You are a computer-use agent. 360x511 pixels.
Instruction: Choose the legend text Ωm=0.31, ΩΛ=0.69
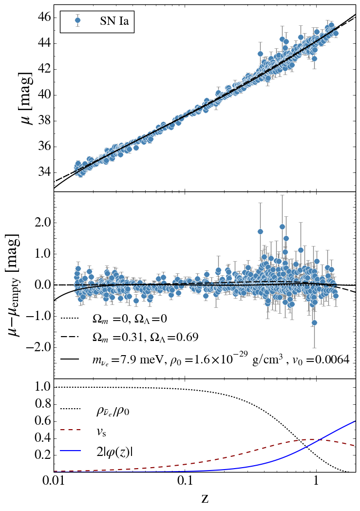click(145, 338)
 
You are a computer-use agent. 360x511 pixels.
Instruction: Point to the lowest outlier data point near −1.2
click(314, 323)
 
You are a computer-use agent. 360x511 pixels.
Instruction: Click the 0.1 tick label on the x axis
click(185, 482)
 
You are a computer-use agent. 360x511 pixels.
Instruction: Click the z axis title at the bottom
click(205, 498)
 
